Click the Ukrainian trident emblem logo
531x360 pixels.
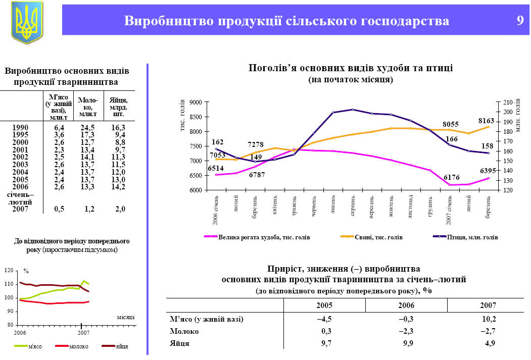27,21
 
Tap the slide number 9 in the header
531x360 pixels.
520,21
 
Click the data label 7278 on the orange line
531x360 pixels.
256,145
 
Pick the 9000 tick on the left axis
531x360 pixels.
196,102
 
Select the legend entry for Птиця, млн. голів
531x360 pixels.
471,237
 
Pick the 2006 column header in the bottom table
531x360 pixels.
406,305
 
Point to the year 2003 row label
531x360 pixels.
20,165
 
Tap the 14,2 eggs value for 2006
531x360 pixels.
118,186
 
